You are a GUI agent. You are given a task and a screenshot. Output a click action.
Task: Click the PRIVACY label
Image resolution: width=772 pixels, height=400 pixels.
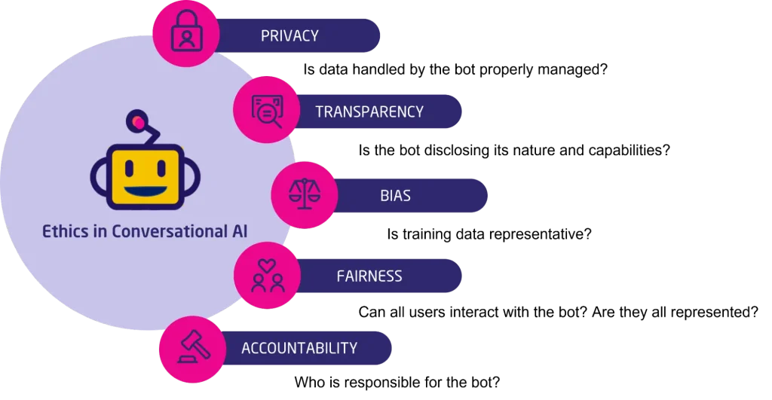[x=289, y=36]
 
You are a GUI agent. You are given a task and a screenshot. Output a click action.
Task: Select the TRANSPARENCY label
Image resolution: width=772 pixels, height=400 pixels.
[x=369, y=111]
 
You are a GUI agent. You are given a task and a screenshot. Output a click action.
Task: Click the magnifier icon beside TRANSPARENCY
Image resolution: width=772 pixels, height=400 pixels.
[x=267, y=111]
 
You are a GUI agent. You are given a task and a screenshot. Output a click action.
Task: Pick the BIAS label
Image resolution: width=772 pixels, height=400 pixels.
[x=395, y=196]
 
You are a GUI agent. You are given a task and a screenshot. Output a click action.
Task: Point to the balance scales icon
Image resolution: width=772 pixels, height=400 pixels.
[x=305, y=194]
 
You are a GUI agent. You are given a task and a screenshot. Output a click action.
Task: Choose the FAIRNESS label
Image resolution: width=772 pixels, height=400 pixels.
[x=369, y=276]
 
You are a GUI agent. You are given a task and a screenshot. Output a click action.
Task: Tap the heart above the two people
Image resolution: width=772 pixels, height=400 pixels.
[x=267, y=266]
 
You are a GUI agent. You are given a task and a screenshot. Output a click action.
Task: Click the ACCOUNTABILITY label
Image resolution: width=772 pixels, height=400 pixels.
[x=299, y=348]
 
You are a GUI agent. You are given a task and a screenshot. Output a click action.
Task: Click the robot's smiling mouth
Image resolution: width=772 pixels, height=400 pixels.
[x=145, y=191]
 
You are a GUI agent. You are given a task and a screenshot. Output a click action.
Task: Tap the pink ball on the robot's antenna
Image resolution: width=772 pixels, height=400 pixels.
[x=138, y=121]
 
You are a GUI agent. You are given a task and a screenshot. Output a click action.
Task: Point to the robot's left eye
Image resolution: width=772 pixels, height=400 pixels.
[x=129, y=168]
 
